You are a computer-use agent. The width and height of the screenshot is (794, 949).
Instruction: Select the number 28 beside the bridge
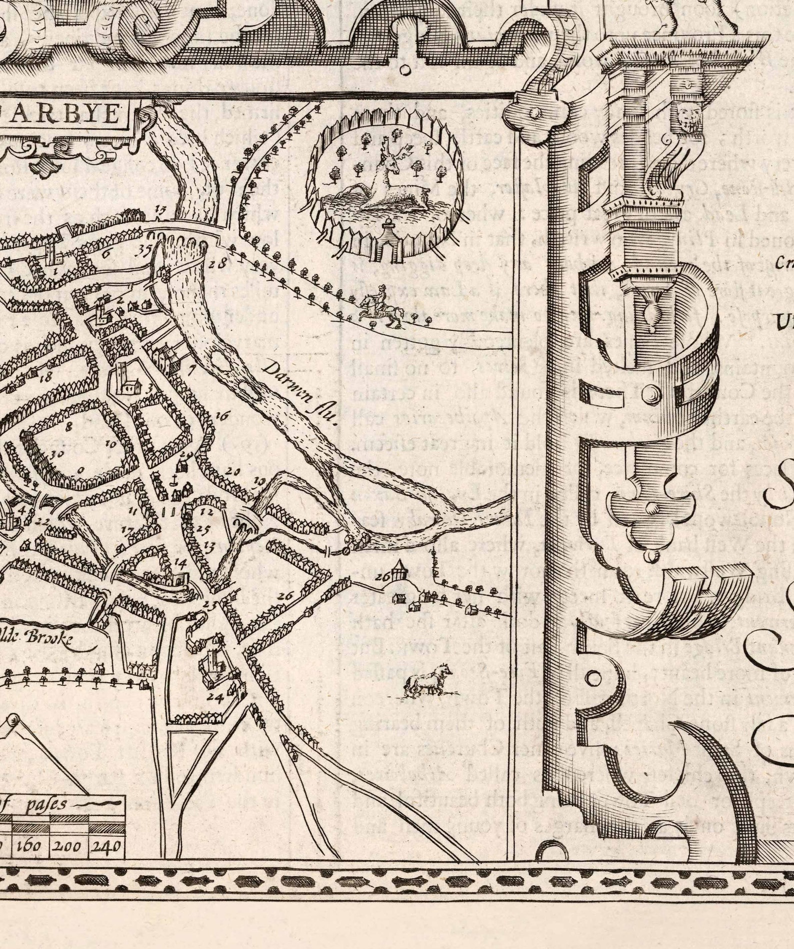pos(218,263)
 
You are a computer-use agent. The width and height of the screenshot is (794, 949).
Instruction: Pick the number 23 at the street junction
pos(210,604)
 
